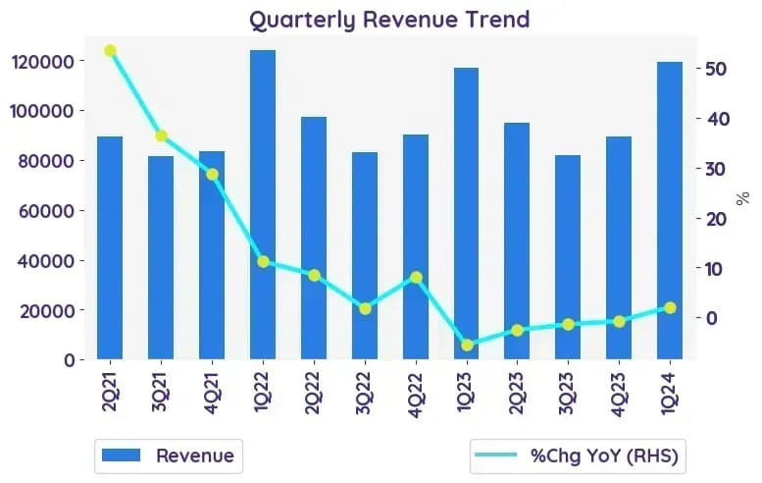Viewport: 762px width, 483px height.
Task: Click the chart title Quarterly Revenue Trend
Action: [x=389, y=20]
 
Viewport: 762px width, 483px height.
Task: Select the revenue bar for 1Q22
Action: [x=263, y=205]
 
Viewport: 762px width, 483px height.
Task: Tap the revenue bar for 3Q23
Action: [x=568, y=257]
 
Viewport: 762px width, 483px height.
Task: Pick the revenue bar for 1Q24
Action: [x=670, y=211]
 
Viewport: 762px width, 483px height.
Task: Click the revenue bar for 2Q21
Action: [x=110, y=248]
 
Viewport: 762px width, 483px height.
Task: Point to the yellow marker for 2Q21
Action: [x=110, y=51]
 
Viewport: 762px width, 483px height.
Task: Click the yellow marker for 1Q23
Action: [x=467, y=346]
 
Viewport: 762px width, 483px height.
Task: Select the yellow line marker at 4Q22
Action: [x=416, y=278]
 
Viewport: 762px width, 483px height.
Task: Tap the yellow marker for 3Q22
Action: [x=365, y=309]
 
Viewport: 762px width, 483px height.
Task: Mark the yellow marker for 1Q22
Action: [x=263, y=262]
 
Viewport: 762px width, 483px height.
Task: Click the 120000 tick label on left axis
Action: [x=42, y=62]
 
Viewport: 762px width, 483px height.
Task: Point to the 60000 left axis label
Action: [x=46, y=211]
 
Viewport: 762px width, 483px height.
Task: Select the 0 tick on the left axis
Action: [x=70, y=360]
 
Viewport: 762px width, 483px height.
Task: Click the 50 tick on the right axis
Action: [x=716, y=69]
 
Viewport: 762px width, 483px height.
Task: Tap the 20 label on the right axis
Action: [x=716, y=219]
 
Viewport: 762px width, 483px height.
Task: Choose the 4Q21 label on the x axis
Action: [x=212, y=393]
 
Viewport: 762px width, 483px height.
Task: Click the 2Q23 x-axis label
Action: [x=517, y=393]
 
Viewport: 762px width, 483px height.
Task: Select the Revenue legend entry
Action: [x=168, y=456]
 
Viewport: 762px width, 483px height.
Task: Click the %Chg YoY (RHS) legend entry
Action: [x=577, y=456]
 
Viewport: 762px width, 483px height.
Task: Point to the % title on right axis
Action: [x=742, y=198]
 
